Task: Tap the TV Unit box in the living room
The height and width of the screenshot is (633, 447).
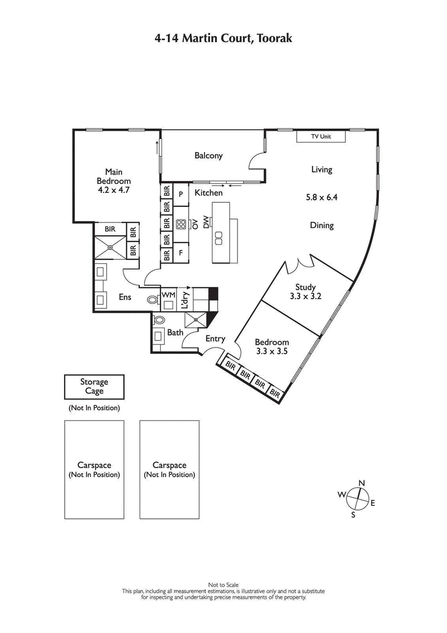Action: pyautogui.click(x=321, y=136)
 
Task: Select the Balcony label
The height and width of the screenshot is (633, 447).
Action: pyautogui.click(x=208, y=155)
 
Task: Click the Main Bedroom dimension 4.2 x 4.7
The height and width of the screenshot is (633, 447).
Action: pyautogui.click(x=113, y=190)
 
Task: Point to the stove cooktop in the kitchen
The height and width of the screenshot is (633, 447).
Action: pyautogui.click(x=182, y=224)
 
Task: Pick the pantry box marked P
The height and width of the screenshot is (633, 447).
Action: pyautogui.click(x=181, y=193)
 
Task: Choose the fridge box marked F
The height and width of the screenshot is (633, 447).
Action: pyautogui.click(x=181, y=253)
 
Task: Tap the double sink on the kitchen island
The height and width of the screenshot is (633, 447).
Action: pyautogui.click(x=219, y=237)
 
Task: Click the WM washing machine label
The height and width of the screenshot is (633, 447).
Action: pyautogui.click(x=168, y=295)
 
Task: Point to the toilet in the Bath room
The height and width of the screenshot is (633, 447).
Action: pyautogui.click(x=159, y=321)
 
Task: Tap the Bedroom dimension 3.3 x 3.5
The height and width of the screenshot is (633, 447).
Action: pyautogui.click(x=272, y=351)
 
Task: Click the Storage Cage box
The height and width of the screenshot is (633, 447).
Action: pyautogui.click(x=93, y=386)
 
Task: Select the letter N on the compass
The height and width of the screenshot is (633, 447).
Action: pyautogui.click(x=362, y=483)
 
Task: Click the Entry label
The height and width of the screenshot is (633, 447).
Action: pyautogui.click(x=215, y=338)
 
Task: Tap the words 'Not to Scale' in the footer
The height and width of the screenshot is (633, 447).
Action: pyautogui.click(x=223, y=585)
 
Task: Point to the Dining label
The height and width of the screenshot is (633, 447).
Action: pyautogui.click(x=321, y=225)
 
